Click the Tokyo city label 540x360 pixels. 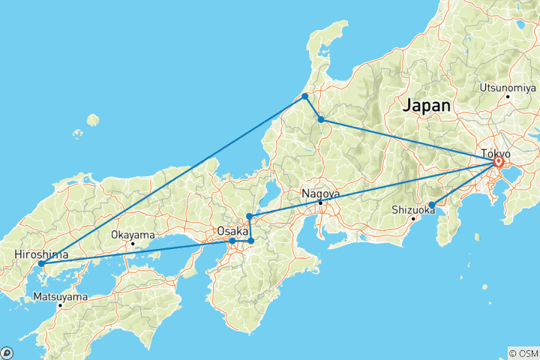point(495,154)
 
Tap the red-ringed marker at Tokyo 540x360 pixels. point(499,161)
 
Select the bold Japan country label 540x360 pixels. point(427,106)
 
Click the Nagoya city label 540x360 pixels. point(321,193)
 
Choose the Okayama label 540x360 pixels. point(132,235)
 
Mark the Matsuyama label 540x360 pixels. point(60,297)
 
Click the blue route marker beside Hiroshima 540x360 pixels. point(41,264)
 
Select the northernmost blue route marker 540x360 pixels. point(305,97)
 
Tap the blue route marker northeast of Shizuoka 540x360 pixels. point(432,205)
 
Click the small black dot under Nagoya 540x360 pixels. point(320,203)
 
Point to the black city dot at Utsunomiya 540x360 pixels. point(508,96)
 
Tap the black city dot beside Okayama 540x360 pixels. point(133,244)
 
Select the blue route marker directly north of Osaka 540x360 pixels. point(249,217)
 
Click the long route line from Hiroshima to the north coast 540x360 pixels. point(172,180)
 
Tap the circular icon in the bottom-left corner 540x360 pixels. point(7,352)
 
